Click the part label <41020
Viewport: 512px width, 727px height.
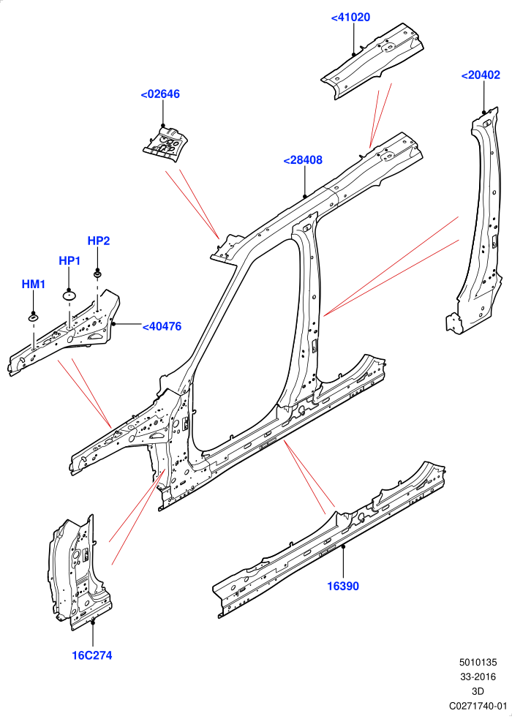(x=350, y=18)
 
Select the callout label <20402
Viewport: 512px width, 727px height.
(x=481, y=75)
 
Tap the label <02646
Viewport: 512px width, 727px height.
(x=160, y=94)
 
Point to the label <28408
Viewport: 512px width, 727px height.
(x=303, y=160)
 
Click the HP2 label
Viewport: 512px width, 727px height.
(x=99, y=241)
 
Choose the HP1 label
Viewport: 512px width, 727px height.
(x=69, y=260)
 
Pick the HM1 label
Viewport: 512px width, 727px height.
(x=34, y=284)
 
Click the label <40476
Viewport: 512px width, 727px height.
(x=162, y=326)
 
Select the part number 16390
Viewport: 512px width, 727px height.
(x=343, y=586)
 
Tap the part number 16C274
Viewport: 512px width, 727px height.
(x=92, y=655)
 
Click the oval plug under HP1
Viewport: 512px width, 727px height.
(x=69, y=295)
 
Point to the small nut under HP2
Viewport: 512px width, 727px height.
(x=97, y=276)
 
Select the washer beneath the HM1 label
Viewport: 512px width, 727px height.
(x=34, y=317)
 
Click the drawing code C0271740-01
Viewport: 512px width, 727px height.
(x=478, y=706)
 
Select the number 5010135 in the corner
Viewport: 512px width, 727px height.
(x=478, y=662)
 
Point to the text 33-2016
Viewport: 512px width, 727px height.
(x=478, y=677)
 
